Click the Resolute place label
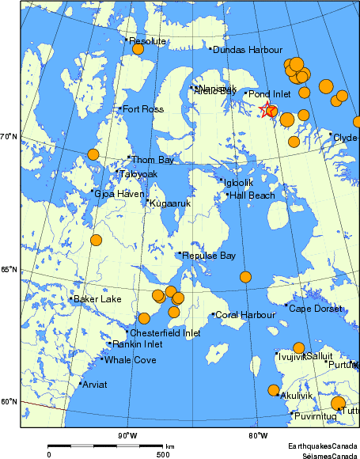tap(147, 41)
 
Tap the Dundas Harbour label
tap(248, 50)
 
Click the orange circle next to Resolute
tap(138, 49)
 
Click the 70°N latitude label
tap(9, 137)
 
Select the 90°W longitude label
tap(127, 435)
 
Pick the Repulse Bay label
tap(209, 256)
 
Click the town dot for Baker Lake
tap(71, 298)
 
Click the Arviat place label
tap(95, 385)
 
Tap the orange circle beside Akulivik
tap(274, 390)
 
